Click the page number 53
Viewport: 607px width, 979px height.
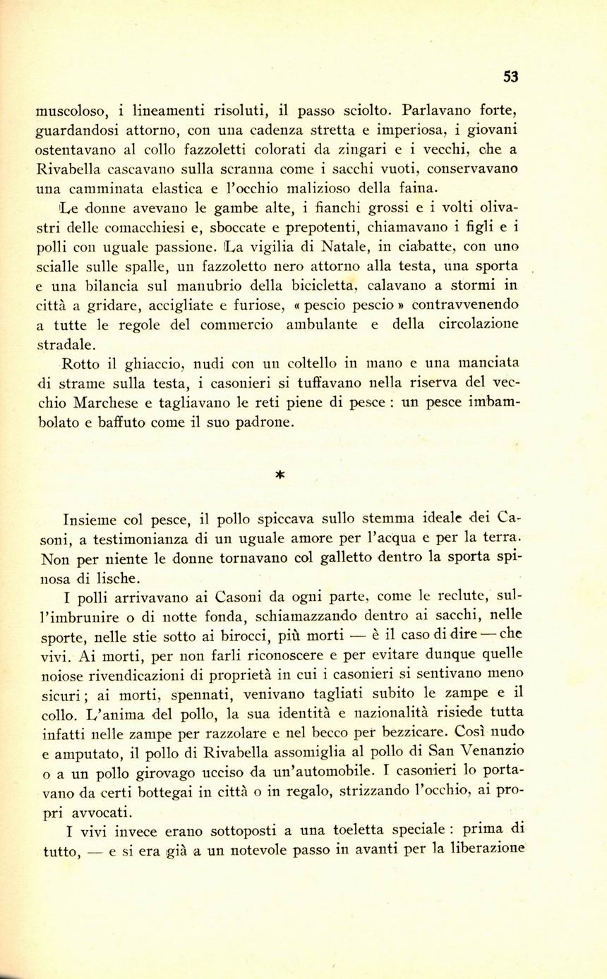pyautogui.click(x=511, y=77)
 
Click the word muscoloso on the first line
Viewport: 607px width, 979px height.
pyautogui.click(x=71, y=111)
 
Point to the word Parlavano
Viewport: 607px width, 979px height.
pyautogui.click(x=434, y=110)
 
